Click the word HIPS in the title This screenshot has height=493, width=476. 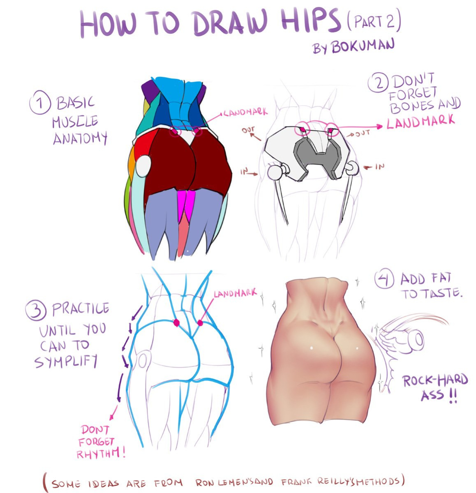pyautogui.click(x=310, y=21)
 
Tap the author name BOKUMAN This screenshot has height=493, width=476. pyautogui.click(x=363, y=46)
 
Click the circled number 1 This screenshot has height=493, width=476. pyautogui.click(x=40, y=102)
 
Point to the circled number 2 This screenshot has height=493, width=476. pyautogui.click(x=378, y=82)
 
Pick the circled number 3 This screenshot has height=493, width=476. pyautogui.click(x=36, y=311)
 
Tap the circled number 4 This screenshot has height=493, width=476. pyautogui.click(x=384, y=278)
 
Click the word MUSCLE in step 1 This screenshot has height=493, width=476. pyautogui.click(x=75, y=121)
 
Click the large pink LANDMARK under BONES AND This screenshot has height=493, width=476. pyautogui.click(x=420, y=122)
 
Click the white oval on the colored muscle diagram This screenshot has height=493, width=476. pyautogui.click(x=143, y=166)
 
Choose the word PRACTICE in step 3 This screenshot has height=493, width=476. pyautogui.click(x=80, y=309)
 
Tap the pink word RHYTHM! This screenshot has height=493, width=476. pyautogui.click(x=101, y=453)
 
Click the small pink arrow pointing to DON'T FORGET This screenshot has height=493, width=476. pyautogui.click(x=113, y=412)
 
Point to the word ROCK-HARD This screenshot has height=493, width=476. pyautogui.click(x=435, y=380)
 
